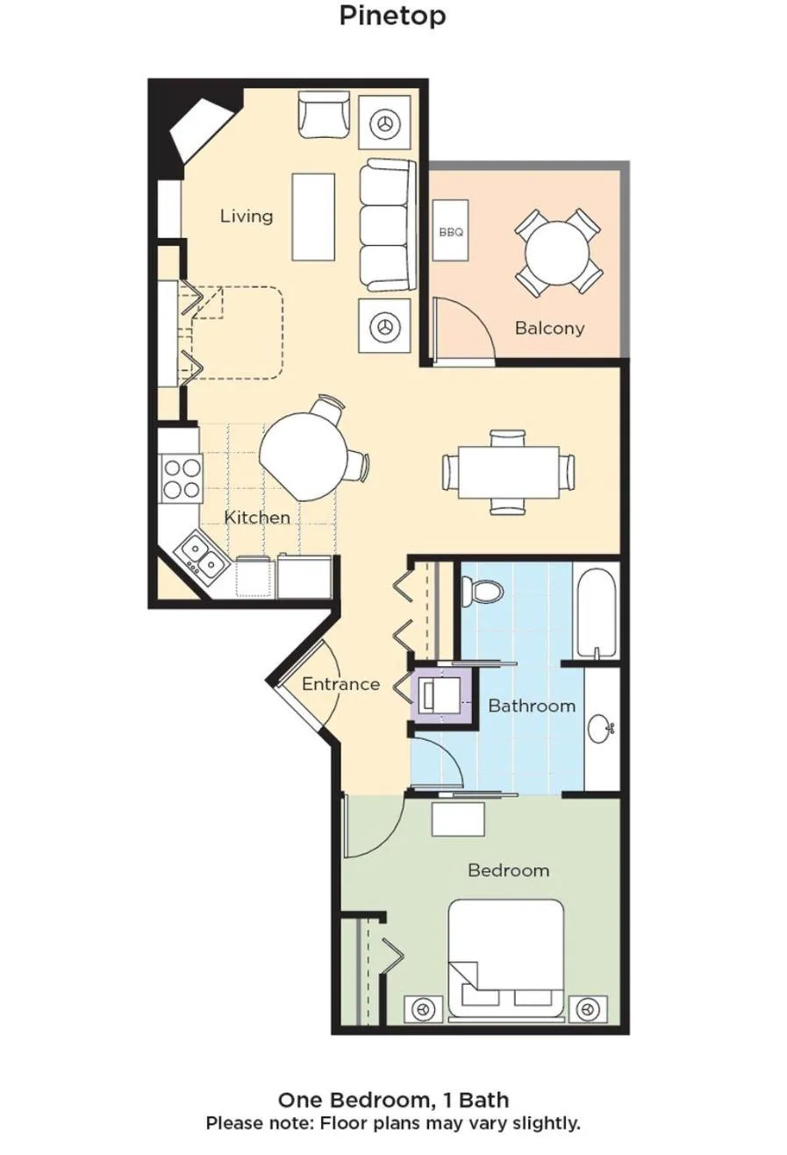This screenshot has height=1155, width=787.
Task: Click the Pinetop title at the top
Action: (x=392, y=16)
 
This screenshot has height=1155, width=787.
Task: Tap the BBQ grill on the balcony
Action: (x=451, y=232)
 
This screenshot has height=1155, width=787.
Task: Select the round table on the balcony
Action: (x=557, y=253)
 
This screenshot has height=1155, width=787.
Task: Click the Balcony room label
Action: (x=549, y=328)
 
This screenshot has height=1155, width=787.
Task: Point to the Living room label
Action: (x=247, y=216)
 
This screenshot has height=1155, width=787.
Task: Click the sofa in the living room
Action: (x=386, y=225)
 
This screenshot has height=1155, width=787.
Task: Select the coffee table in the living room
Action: (x=313, y=217)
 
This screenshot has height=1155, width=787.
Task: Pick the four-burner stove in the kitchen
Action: (x=181, y=478)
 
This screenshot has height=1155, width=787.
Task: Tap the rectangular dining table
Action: (x=509, y=471)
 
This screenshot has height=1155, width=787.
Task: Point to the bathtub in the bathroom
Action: (x=597, y=611)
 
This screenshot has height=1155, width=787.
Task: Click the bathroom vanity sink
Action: (x=602, y=728)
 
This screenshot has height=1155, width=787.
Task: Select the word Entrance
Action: (x=341, y=685)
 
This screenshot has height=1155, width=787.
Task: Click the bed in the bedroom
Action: (x=505, y=958)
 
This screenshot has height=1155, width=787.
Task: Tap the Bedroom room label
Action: (x=508, y=871)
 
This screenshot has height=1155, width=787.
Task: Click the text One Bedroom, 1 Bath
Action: (x=393, y=1100)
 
